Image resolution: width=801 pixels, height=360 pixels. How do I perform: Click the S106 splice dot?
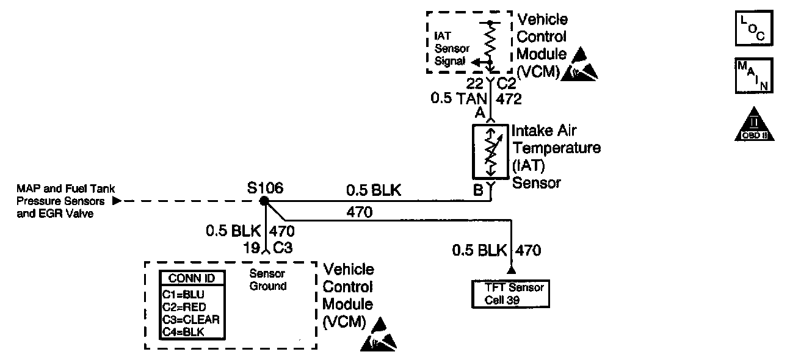click(264, 201)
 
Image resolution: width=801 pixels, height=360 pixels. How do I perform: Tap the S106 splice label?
click(265, 187)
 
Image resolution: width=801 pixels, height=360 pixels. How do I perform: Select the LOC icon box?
click(753, 29)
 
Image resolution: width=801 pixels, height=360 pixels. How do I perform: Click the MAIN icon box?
click(753, 76)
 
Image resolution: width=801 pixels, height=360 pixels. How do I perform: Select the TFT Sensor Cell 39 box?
click(511, 293)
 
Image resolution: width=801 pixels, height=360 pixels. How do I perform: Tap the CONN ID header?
click(191, 278)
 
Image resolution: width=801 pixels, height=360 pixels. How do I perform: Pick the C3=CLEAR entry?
click(190, 319)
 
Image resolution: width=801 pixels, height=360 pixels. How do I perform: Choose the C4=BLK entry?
click(183, 331)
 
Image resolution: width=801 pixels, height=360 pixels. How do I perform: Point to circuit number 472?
click(509, 98)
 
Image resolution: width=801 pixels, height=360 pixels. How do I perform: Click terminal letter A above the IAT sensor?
click(480, 112)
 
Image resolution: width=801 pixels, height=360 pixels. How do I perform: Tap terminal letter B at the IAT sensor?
click(478, 190)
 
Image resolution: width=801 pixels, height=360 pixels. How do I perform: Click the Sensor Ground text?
click(268, 280)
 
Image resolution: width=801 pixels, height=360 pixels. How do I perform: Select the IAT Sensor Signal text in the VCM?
click(449, 48)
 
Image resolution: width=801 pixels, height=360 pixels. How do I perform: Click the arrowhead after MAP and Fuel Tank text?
click(117, 201)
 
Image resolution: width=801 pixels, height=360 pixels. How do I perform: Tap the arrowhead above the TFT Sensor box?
click(511, 269)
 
